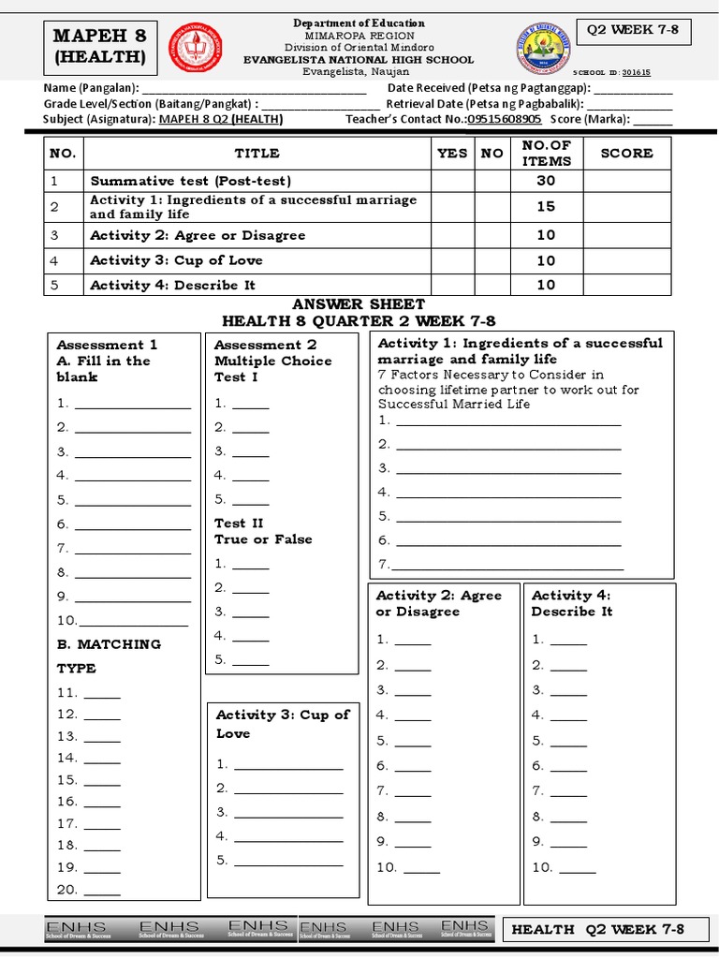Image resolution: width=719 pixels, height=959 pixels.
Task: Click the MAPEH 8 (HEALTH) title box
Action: (100, 47)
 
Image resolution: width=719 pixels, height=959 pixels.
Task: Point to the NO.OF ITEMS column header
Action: (546, 153)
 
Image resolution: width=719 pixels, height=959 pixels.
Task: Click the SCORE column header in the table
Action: (626, 153)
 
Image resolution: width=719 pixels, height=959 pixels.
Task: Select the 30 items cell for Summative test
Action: (546, 181)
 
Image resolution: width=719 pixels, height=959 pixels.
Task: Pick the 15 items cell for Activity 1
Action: (546, 207)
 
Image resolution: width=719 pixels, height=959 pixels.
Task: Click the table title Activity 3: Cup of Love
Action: (176, 260)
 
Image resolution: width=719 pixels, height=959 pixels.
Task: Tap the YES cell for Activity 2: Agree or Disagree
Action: (452, 235)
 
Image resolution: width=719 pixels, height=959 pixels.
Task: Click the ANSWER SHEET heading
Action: (359, 304)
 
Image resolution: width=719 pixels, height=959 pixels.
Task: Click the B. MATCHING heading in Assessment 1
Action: (109, 644)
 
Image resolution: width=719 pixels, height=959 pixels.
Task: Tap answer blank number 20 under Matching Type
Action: (102, 891)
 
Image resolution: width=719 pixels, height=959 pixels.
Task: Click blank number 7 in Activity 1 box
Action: (506, 564)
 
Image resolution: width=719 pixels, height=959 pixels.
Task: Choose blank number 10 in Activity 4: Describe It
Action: (576, 867)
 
